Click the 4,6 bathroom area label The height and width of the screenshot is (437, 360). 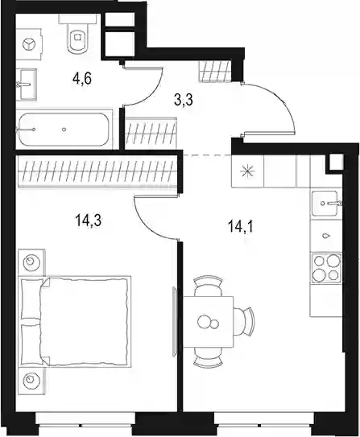(82, 79)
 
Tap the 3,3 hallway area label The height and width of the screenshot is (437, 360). (184, 100)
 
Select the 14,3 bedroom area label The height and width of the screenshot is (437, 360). (88, 221)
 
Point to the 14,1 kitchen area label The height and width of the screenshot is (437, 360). (241, 226)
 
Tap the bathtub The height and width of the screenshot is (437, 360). (64, 130)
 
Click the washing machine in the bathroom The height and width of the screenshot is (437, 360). (29, 44)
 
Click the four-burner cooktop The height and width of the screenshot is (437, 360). (326, 267)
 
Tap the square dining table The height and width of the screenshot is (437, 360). (208, 322)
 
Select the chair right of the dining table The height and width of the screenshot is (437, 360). (244, 321)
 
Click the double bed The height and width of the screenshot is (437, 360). (75, 321)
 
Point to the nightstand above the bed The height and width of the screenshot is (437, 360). (31, 262)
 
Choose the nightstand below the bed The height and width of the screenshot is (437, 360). (31, 380)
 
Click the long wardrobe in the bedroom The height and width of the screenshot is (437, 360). (97, 171)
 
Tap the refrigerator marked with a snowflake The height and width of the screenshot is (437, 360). (247, 171)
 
